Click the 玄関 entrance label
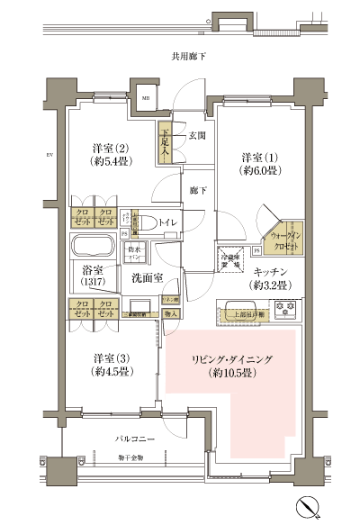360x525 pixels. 198,136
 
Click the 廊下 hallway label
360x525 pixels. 198,191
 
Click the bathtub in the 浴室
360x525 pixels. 94,247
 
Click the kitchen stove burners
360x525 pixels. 289,312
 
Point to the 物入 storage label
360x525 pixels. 170,314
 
